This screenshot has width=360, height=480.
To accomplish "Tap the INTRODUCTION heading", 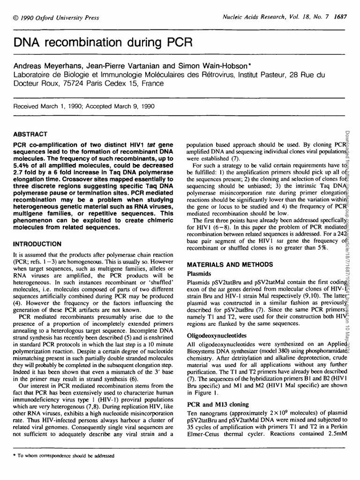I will pos(37,244).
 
